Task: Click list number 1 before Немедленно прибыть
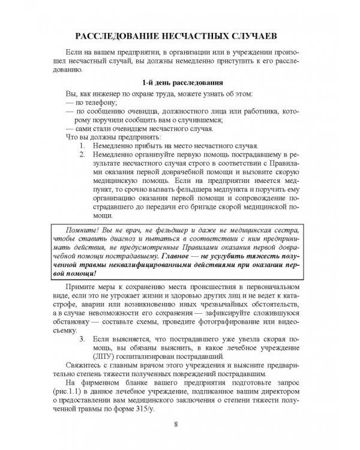tap(82, 146)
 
